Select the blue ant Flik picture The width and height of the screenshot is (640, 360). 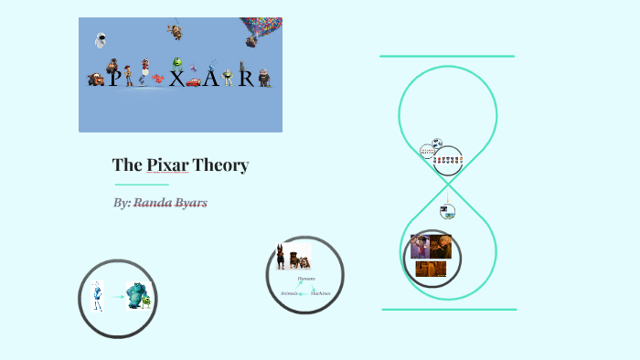click(x=98, y=297)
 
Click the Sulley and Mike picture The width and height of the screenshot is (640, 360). click(x=138, y=296)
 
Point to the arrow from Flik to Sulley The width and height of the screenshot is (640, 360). click(x=117, y=296)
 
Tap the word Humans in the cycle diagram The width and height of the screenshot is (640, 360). click(x=306, y=278)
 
